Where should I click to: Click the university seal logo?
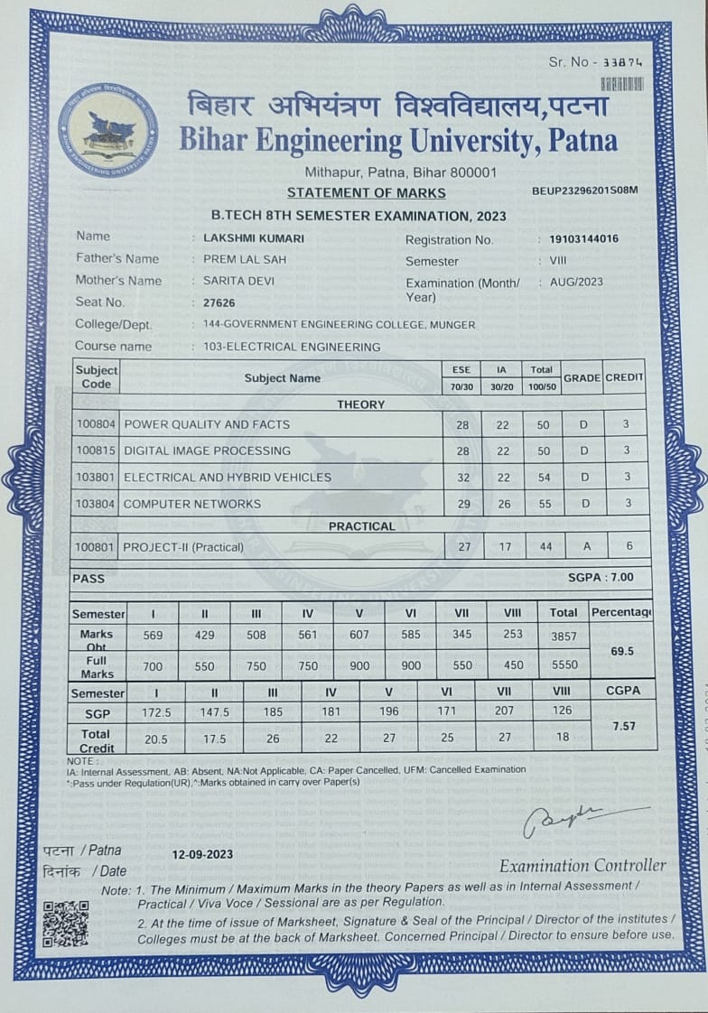pos(108,131)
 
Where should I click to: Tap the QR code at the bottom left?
pos(66,922)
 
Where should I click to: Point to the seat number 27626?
pos(219,302)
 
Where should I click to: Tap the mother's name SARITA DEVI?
pos(238,281)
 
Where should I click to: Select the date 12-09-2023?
pos(203,854)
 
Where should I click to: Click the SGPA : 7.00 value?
pos(601,577)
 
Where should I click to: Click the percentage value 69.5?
pos(622,650)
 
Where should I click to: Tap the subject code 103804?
pos(94,504)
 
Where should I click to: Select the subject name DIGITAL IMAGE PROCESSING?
pos(207,451)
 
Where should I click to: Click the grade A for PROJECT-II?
pos(584,546)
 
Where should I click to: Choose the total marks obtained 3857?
pos(564,635)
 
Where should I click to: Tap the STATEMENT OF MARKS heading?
pos(366,192)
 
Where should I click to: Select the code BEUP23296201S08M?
pos(585,191)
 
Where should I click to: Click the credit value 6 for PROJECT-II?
pos(627,546)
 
